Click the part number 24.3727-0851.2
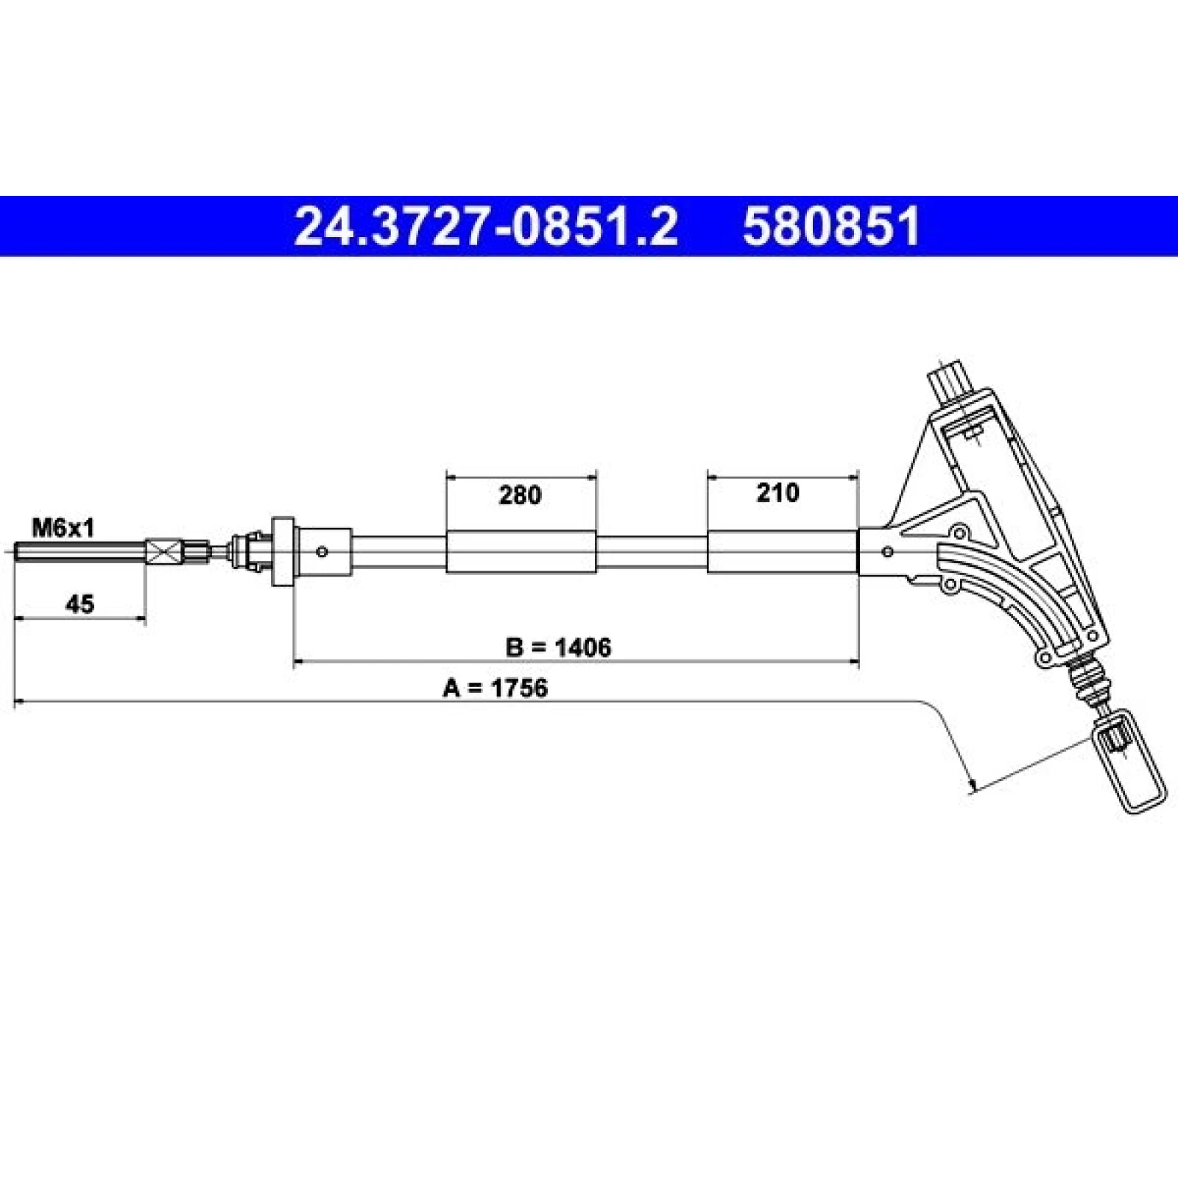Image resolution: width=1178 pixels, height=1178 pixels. (486, 226)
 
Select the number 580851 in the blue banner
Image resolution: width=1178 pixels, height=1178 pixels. (831, 226)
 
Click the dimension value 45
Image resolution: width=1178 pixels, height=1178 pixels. (80, 604)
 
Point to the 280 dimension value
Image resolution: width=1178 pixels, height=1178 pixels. (520, 495)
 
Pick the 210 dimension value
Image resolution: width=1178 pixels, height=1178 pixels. (777, 493)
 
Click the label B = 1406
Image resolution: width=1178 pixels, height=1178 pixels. (558, 647)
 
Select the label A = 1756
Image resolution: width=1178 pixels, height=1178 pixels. (495, 688)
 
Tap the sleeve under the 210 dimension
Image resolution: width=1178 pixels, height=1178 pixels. (783, 551)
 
